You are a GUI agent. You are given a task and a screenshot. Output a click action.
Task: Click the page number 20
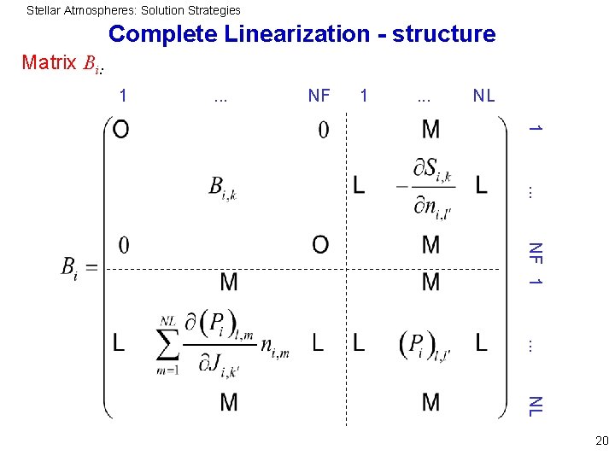(601, 441)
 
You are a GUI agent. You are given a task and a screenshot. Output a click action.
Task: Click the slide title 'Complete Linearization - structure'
(302, 34)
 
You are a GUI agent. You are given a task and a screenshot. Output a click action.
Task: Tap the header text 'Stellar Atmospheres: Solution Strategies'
(133, 10)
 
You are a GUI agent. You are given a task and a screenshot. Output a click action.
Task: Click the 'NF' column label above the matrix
(319, 96)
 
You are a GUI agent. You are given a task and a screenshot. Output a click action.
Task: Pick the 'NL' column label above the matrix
(483, 96)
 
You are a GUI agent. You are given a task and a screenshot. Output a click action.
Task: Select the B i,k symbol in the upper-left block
(222, 187)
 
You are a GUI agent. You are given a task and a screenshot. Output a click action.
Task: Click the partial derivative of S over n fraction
(430, 187)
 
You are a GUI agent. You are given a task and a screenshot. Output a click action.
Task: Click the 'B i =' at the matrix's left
(79, 268)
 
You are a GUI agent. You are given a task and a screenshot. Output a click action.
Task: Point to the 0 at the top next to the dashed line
(323, 130)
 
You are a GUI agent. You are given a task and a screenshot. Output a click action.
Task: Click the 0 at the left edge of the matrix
(124, 246)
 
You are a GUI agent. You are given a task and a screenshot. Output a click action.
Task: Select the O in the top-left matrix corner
(121, 130)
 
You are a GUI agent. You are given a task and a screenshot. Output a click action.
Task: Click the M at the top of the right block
(430, 130)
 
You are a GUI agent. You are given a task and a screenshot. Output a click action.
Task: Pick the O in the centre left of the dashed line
(320, 246)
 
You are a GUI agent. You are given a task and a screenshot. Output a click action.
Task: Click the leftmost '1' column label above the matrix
(123, 96)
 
